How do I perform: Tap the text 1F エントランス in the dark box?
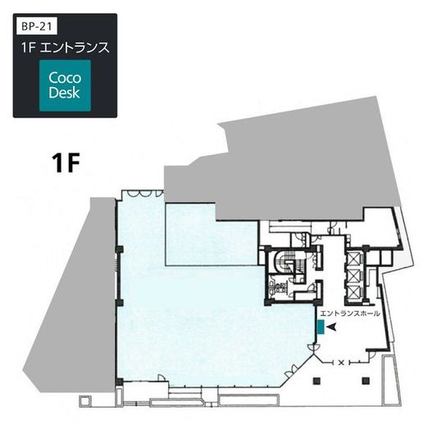[64, 48]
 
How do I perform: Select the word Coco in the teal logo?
[65, 78]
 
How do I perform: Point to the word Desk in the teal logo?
[65, 93]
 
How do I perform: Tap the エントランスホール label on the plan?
[350, 314]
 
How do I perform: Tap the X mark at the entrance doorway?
[340, 362]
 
